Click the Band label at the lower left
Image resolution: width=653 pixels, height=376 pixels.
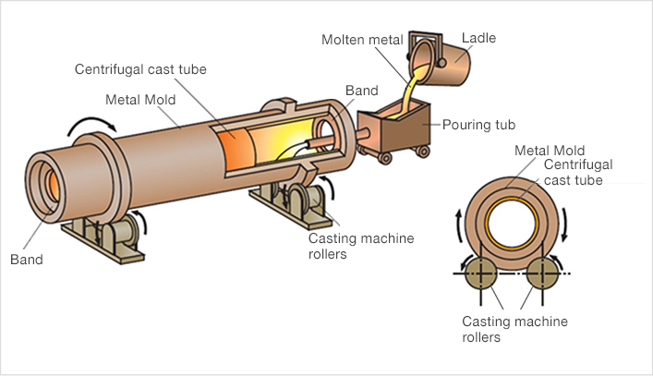tap(27, 260)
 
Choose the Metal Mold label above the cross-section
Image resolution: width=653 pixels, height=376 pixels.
tap(549, 150)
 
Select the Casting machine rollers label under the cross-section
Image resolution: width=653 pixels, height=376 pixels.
tap(514, 329)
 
